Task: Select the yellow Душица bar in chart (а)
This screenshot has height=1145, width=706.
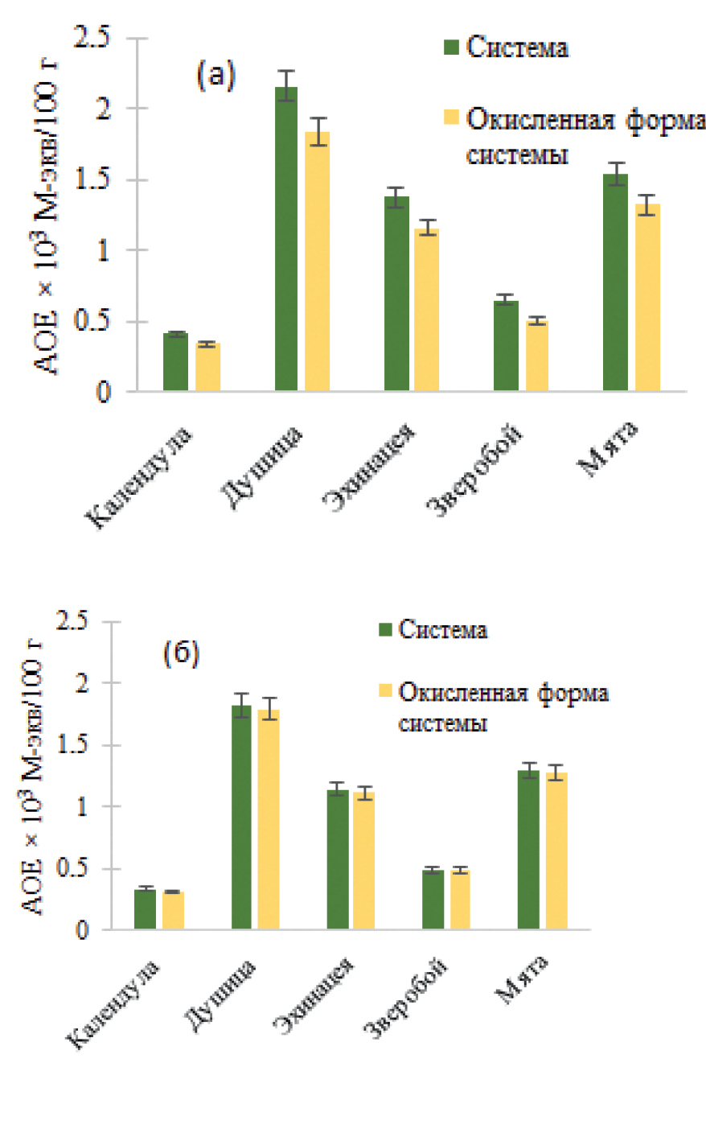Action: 317,262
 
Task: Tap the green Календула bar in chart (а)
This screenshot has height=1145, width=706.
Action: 175,362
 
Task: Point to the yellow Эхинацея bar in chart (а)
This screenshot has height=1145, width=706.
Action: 426,311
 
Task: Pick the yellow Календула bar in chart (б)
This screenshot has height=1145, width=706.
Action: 173,910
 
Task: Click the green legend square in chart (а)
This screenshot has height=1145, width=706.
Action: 451,47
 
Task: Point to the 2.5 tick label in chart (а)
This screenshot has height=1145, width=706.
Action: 92,37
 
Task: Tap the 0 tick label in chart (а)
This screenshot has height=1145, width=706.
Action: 102,393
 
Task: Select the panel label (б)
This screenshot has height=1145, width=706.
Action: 181,653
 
